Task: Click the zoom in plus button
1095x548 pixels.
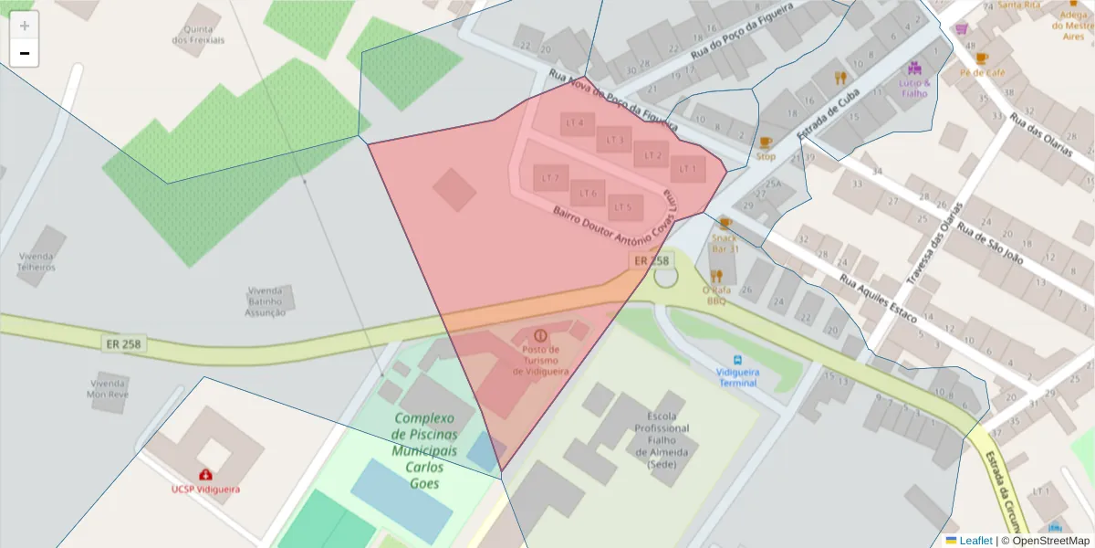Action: (25, 26)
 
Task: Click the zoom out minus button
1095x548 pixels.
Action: (25, 54)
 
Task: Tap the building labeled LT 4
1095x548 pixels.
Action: (576, 122)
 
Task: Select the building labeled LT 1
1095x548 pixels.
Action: (687, 169)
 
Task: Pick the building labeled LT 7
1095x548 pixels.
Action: (550, 178)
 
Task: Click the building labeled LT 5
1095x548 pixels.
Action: (625, 207)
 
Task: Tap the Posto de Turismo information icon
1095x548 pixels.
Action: (540, 336)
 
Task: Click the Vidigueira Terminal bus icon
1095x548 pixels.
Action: (737, 361)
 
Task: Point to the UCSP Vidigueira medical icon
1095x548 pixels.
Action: (205, 475)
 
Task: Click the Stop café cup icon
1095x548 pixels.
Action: (765, 142)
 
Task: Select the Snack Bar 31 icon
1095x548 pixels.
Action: (725, 224)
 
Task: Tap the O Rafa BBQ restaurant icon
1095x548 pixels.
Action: (716, 275)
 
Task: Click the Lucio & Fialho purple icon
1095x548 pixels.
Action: (914, 68)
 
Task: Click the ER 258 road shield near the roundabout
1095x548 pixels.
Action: (652, 260)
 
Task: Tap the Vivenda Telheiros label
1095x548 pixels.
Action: (36, 262)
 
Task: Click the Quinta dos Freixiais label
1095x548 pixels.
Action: (198, 35)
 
